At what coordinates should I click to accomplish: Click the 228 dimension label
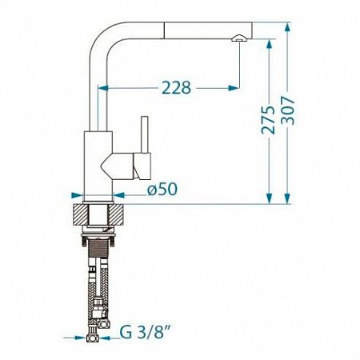(176, 87)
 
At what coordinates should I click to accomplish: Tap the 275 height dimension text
(268, 120)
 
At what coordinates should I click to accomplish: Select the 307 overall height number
(288, 110)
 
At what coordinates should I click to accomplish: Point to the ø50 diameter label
(162, 189)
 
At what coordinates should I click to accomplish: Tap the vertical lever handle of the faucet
(145, 134)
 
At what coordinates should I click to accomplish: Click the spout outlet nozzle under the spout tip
(239, 38)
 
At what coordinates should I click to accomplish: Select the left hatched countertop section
(80, 214)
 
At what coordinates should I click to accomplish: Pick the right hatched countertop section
(117, 214)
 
